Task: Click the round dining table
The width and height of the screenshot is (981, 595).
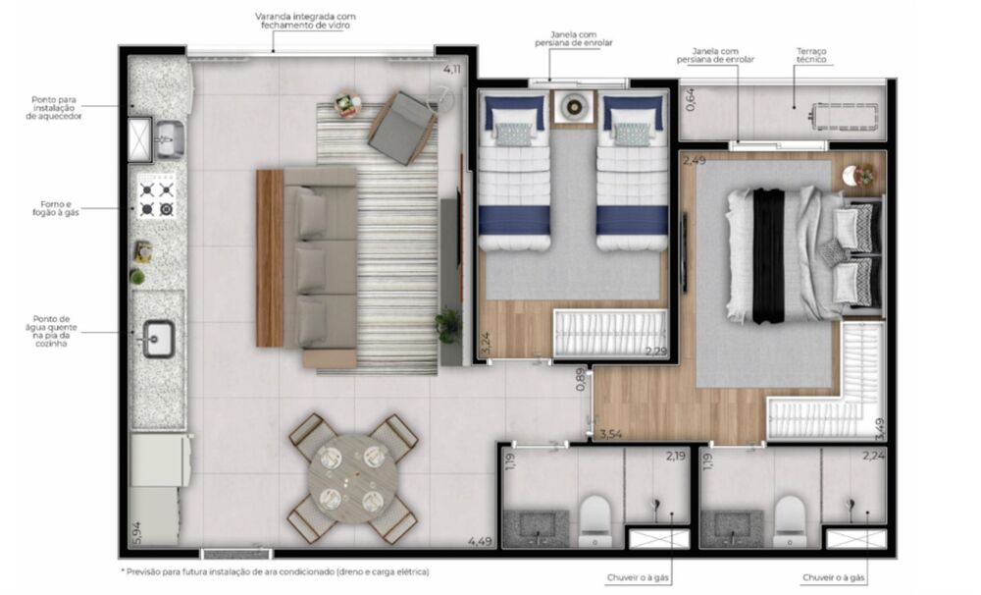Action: pos(352,478)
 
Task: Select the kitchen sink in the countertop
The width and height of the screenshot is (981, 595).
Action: pos(157,339)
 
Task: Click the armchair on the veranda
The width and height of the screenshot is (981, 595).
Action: pos(402,127)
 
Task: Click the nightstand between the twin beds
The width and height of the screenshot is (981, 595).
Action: pos(571,105)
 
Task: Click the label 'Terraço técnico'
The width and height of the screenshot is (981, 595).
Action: pos(812,55)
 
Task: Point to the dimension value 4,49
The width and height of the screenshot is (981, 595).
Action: pos(480,541)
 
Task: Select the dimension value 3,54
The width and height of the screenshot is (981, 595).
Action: pos(610,433)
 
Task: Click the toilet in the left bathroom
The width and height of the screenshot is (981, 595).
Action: pos(595,520)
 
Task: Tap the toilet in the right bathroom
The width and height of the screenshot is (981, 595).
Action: pos(790,520)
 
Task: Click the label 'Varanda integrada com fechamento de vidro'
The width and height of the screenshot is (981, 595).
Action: pos(304,21)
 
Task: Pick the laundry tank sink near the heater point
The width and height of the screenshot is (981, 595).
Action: pos(169,137)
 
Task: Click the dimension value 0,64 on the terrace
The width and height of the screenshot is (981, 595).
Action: pos(690,99)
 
